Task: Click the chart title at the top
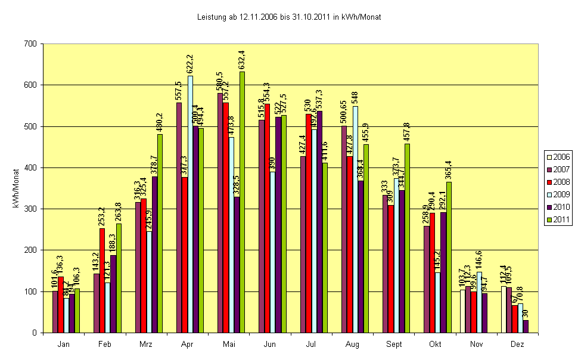click(x=288, y=17)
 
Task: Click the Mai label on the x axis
click(x=229, y=344)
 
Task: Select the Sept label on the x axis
click(x=394, y=344)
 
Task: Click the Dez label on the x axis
click(x=517, y=344)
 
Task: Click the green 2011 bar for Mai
click(x=242, y=203)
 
